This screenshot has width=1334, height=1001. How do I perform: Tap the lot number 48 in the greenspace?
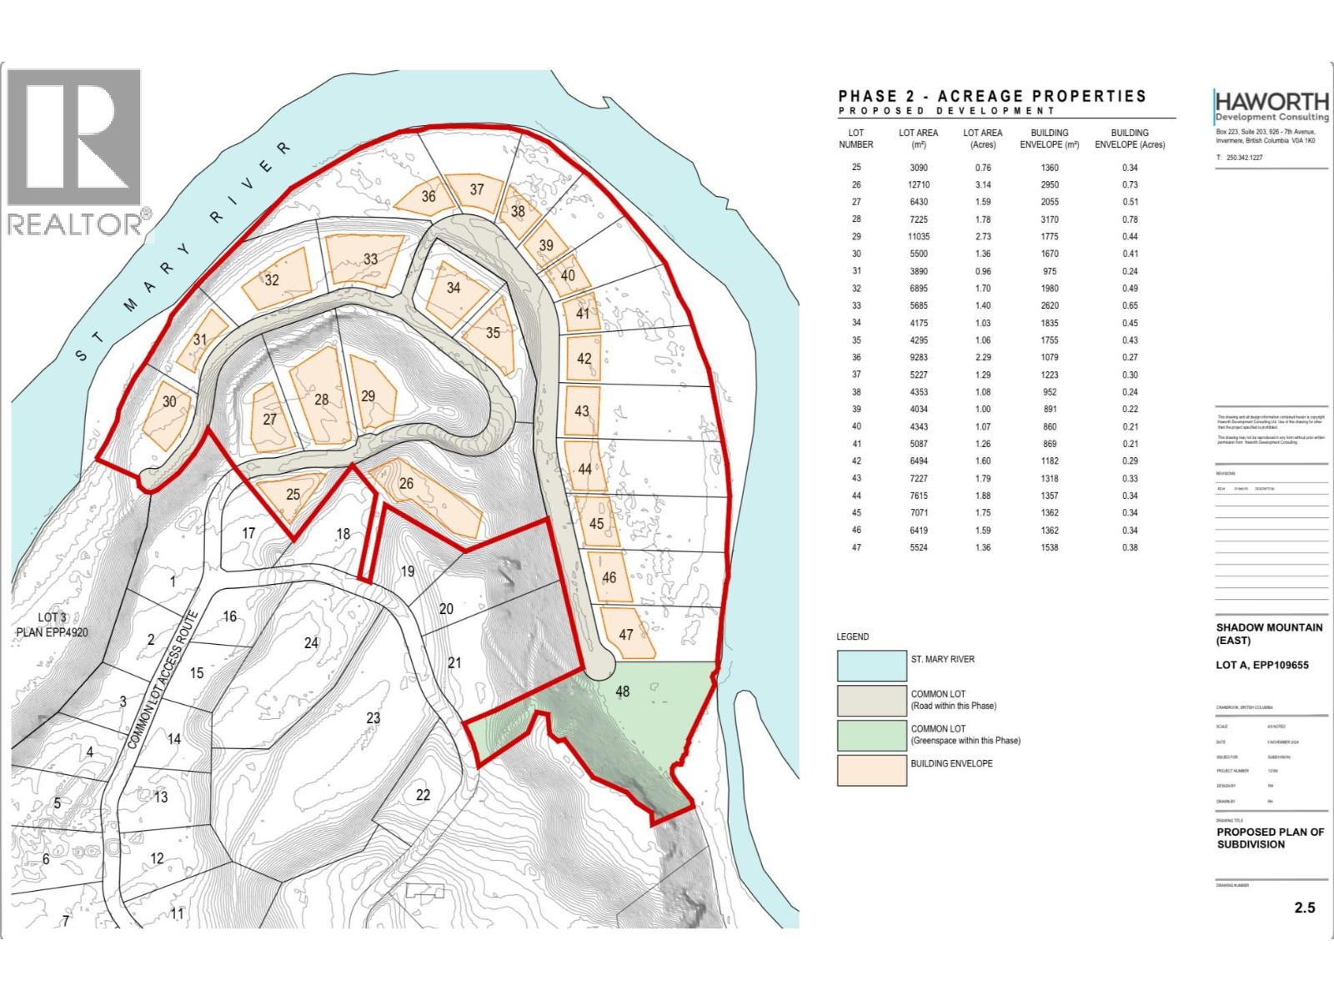point(623,691)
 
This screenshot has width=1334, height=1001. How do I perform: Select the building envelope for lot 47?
point(627,635)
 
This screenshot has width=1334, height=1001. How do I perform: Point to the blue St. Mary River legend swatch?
point(871,666)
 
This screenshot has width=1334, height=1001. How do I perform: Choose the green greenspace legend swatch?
point(871,735)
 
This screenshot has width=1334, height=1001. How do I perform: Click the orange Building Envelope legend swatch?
point(871,769)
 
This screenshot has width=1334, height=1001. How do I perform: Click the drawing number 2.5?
point(1305,907)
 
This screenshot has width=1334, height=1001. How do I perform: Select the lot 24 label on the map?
point(311,642)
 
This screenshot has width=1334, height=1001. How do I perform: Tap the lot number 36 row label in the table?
point(856,358)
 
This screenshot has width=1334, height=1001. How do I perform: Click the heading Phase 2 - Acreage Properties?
point(992,97)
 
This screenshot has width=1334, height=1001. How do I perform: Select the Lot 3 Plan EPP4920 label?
point(52,625)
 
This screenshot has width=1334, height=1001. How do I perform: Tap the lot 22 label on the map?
point(423,794)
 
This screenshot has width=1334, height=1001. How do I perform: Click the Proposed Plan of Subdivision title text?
point(1270,838)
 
